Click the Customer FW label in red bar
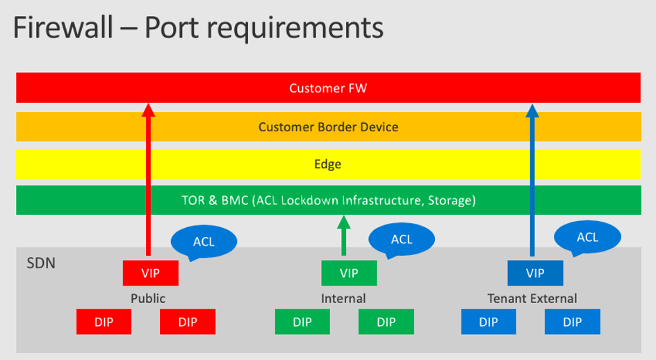click(328, 88)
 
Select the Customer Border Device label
click(328, 127)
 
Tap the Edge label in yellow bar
click(328, 165)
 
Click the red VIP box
click(151, 272)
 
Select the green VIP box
click(349, 272)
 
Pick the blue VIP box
click(535, 272)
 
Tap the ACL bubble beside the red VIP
click(204, 242)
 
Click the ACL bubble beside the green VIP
click(402, 240)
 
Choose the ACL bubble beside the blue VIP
click(587, 237)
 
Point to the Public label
click(148, 299)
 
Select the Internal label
click(343, 299)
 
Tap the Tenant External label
click(532, 299)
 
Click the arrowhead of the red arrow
click(147, 109)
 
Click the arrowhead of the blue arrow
click(532, 109)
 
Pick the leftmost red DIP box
click(104, 322)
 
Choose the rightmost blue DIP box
click(572, 322)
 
